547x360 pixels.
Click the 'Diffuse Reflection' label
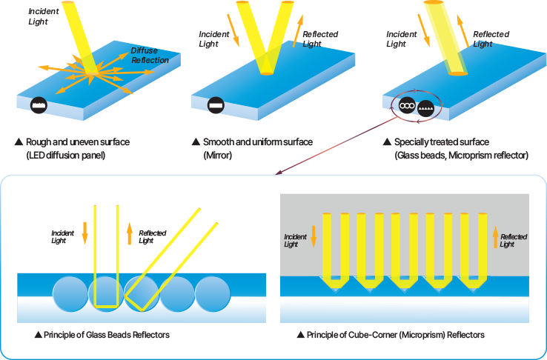150,55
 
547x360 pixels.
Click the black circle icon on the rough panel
39,106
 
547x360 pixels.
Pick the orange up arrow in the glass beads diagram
129,233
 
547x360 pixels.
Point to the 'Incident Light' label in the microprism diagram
295,240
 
